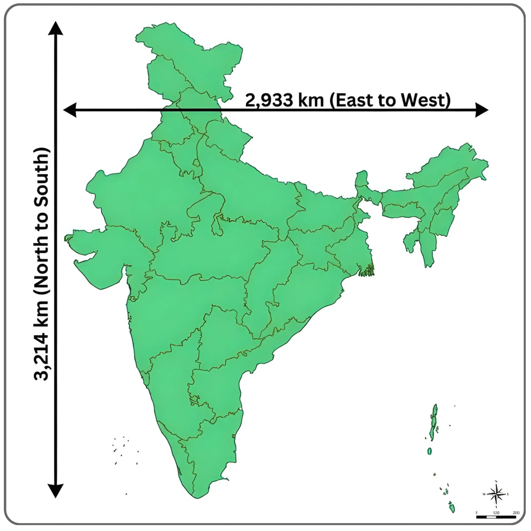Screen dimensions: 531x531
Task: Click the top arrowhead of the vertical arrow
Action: (56, 29)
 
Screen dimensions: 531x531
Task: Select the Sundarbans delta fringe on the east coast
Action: (367, 271)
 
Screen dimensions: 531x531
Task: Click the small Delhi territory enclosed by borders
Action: (196, 164)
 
